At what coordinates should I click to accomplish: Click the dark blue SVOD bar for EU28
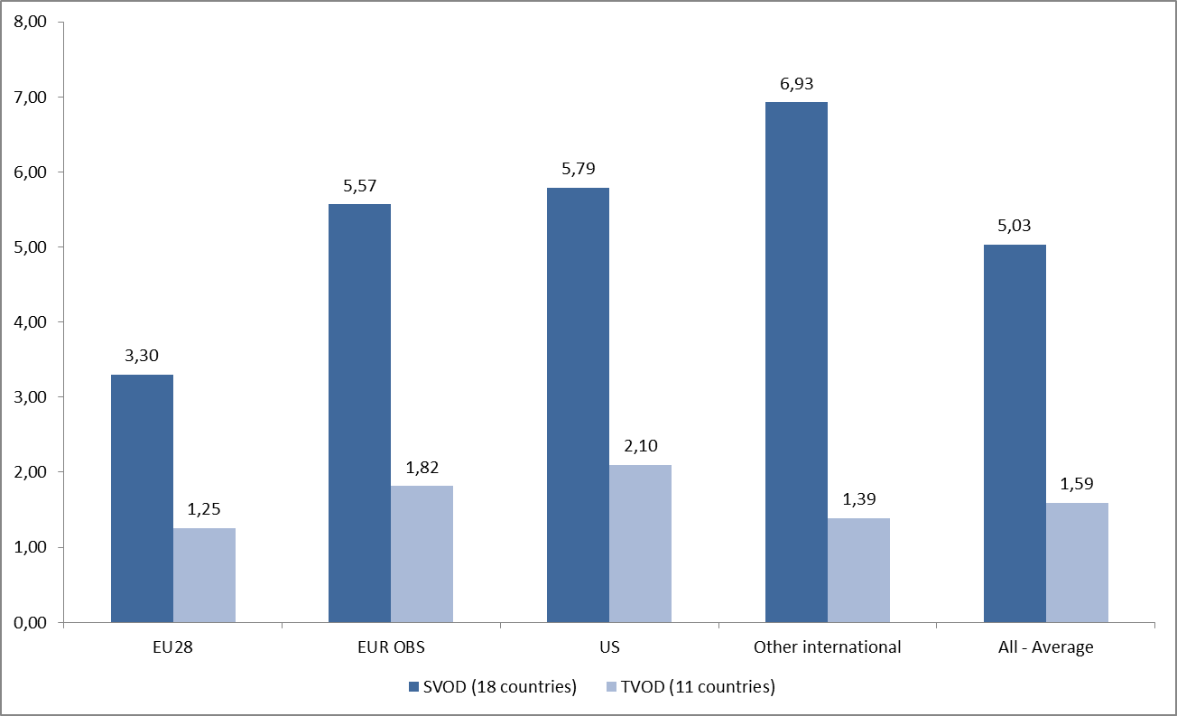click(x=142, y=498)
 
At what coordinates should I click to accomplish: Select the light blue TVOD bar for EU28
click(x=204, y=575)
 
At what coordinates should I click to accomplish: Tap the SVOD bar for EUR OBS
click(x=359, y=413)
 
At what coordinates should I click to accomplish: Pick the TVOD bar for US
click(x=640, y=544)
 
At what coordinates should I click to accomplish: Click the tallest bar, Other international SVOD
click(x=796, y=362)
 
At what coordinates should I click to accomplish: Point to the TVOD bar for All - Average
click(x=1077, y=563)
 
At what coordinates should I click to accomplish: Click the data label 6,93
click(x=796, y=84)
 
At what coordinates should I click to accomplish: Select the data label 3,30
click(x=142, y=357)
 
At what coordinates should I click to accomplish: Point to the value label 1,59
click(x=1077, y=485)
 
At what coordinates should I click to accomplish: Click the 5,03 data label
click(x=1015, y=226)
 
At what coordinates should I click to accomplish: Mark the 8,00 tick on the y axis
click(x=31, y=22)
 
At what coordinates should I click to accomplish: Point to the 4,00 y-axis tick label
click(x=31, y=322)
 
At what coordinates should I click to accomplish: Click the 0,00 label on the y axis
click(x=31, y=623)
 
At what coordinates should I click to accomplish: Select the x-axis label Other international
click(x=827, y=647)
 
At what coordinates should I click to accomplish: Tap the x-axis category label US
click(x=608, y=647)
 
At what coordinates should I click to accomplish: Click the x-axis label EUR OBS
click(x=390, y=647)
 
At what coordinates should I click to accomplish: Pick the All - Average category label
click(x=1045, y=647)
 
